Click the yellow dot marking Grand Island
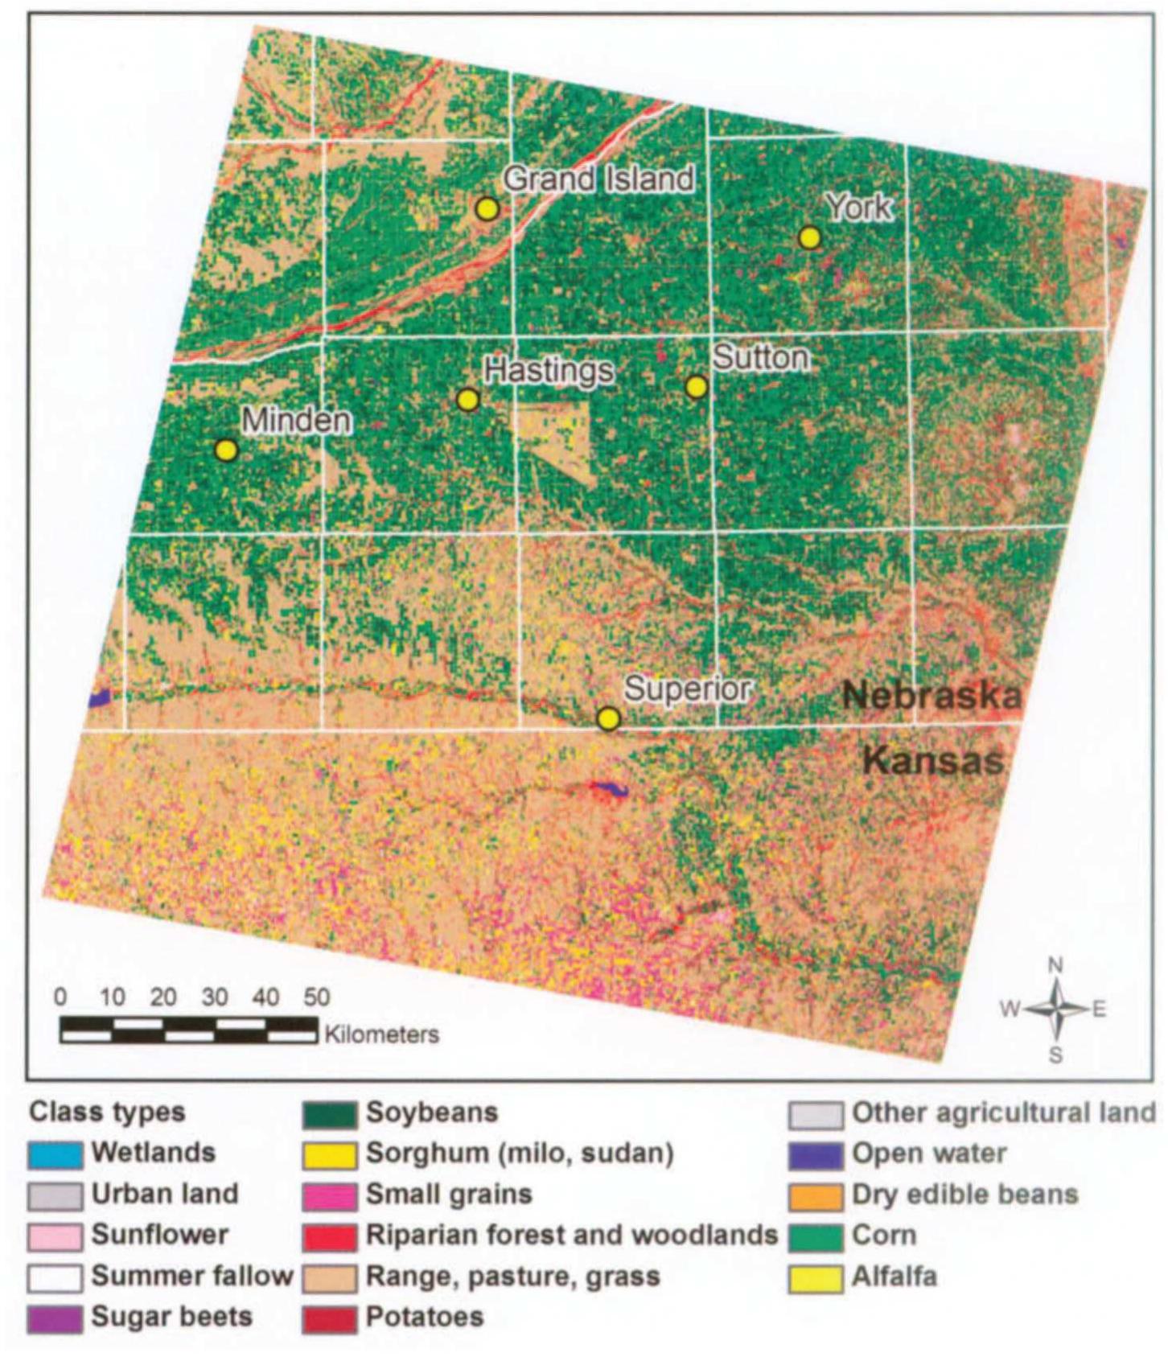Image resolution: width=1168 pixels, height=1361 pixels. tap(487, 209)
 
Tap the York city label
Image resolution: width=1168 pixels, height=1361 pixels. tap(859, 208)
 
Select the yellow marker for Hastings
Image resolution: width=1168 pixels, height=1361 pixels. tap(467, 400)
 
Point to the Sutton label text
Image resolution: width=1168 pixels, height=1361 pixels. tap(761, 357)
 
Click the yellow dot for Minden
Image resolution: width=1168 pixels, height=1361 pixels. tap(227, 450)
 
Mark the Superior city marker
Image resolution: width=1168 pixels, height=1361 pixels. tap(609, 718)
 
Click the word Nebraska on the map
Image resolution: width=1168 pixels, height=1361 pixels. tap(932, 695)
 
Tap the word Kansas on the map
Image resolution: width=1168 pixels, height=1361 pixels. tap(933, 760)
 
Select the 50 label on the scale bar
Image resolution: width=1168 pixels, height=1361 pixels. tap(316, 997)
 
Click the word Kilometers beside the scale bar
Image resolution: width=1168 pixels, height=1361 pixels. tap(382, 1034)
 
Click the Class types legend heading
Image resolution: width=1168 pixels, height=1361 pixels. tap(107, 1113)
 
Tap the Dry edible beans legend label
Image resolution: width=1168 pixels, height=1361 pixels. tap(964, 1195)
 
